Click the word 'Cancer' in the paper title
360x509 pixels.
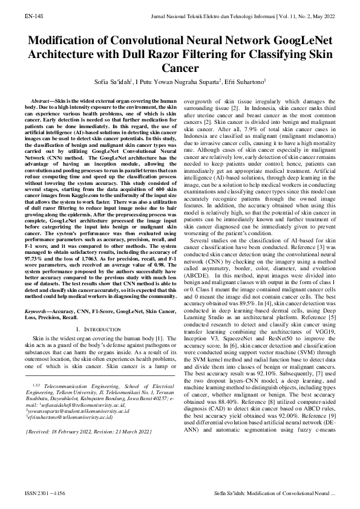[x=180, y=69]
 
